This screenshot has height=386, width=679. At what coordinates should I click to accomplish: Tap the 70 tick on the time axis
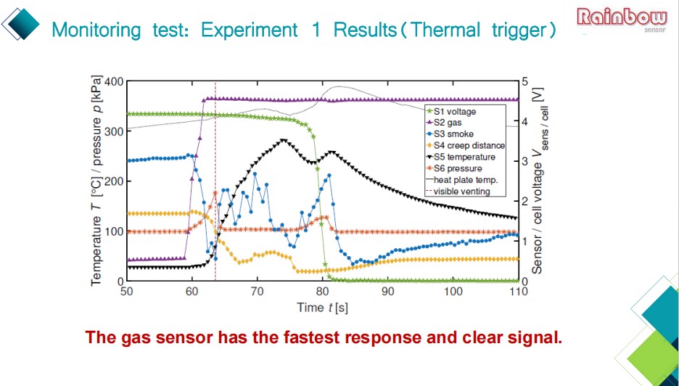click(x=257, y=291)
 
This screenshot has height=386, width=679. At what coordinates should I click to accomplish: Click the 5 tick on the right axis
click(x=527, y=81)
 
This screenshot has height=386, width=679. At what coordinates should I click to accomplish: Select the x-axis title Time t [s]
click(x=322, y=307)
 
